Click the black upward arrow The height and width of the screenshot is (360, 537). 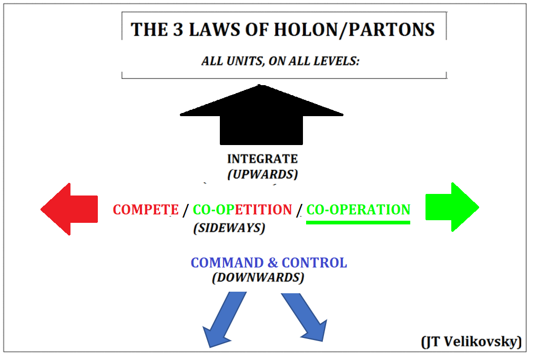tap(261, 118)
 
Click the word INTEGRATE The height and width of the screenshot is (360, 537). tap(262, 159)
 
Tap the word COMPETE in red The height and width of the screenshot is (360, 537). tap(146, 210)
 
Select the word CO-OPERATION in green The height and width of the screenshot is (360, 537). tap(358, 210)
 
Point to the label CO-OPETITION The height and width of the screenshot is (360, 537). tap(242, 210)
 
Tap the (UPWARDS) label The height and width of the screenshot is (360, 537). tap(262, 174)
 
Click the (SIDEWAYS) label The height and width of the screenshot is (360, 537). tap(229, 228)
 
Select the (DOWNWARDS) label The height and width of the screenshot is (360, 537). tap(258, 277)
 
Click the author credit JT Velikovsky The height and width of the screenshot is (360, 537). tap(471, 342)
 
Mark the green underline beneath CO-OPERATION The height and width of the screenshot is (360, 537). tap(358, 222)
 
